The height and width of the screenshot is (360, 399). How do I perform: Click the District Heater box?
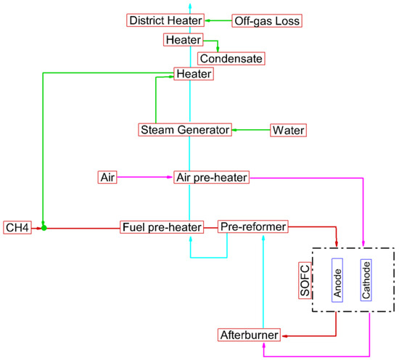[x=165, y=20]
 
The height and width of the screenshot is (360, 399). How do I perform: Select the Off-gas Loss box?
[x=266, y=20]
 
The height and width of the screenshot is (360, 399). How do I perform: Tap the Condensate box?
[x=232, y=58]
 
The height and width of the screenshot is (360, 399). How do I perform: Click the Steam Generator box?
[x=184, y=130]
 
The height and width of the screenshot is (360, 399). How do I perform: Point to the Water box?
[x=288, y=130]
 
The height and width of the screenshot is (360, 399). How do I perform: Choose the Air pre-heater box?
[x=211, y=176]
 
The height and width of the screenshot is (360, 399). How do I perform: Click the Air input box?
[x=107, y=176]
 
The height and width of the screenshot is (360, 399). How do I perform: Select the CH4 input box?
[x=17, y=227]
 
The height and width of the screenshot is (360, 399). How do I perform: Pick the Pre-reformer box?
[x=253, y=227]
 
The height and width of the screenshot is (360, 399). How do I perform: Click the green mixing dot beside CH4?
[x=44, y=227]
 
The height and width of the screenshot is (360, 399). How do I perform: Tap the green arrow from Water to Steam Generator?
[x=250, y=130]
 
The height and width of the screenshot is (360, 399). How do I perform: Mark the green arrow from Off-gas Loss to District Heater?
[x=218, y=20]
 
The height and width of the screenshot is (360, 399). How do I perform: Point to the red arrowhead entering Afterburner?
[x=285, y=335]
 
